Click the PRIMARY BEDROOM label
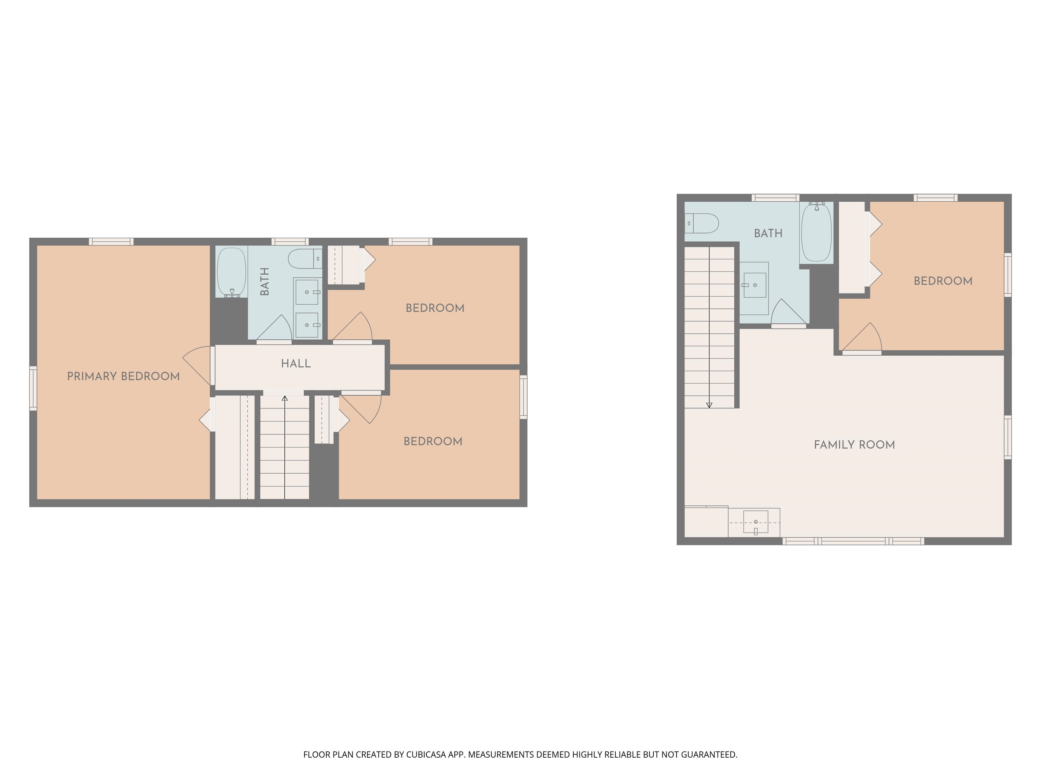(123, 376)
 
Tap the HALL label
(295, 363)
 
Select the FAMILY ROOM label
(854, 445)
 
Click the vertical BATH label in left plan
(265, 281)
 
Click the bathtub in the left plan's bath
(231, 272)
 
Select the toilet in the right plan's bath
(702, 223)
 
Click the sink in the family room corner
(755, 522)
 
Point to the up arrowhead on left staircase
(285, 399)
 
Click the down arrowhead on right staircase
(709, 405)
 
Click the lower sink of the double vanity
(307, 325)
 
